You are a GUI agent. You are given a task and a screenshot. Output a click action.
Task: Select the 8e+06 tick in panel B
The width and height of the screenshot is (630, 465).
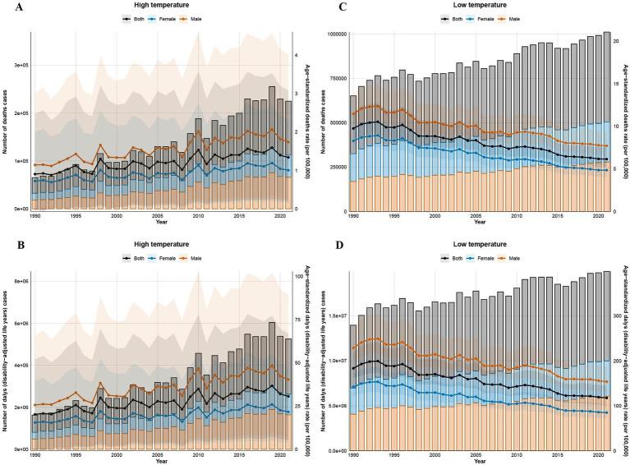click(19, 282)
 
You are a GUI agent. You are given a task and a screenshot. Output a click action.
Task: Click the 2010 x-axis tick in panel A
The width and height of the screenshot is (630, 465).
click(197, 215)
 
